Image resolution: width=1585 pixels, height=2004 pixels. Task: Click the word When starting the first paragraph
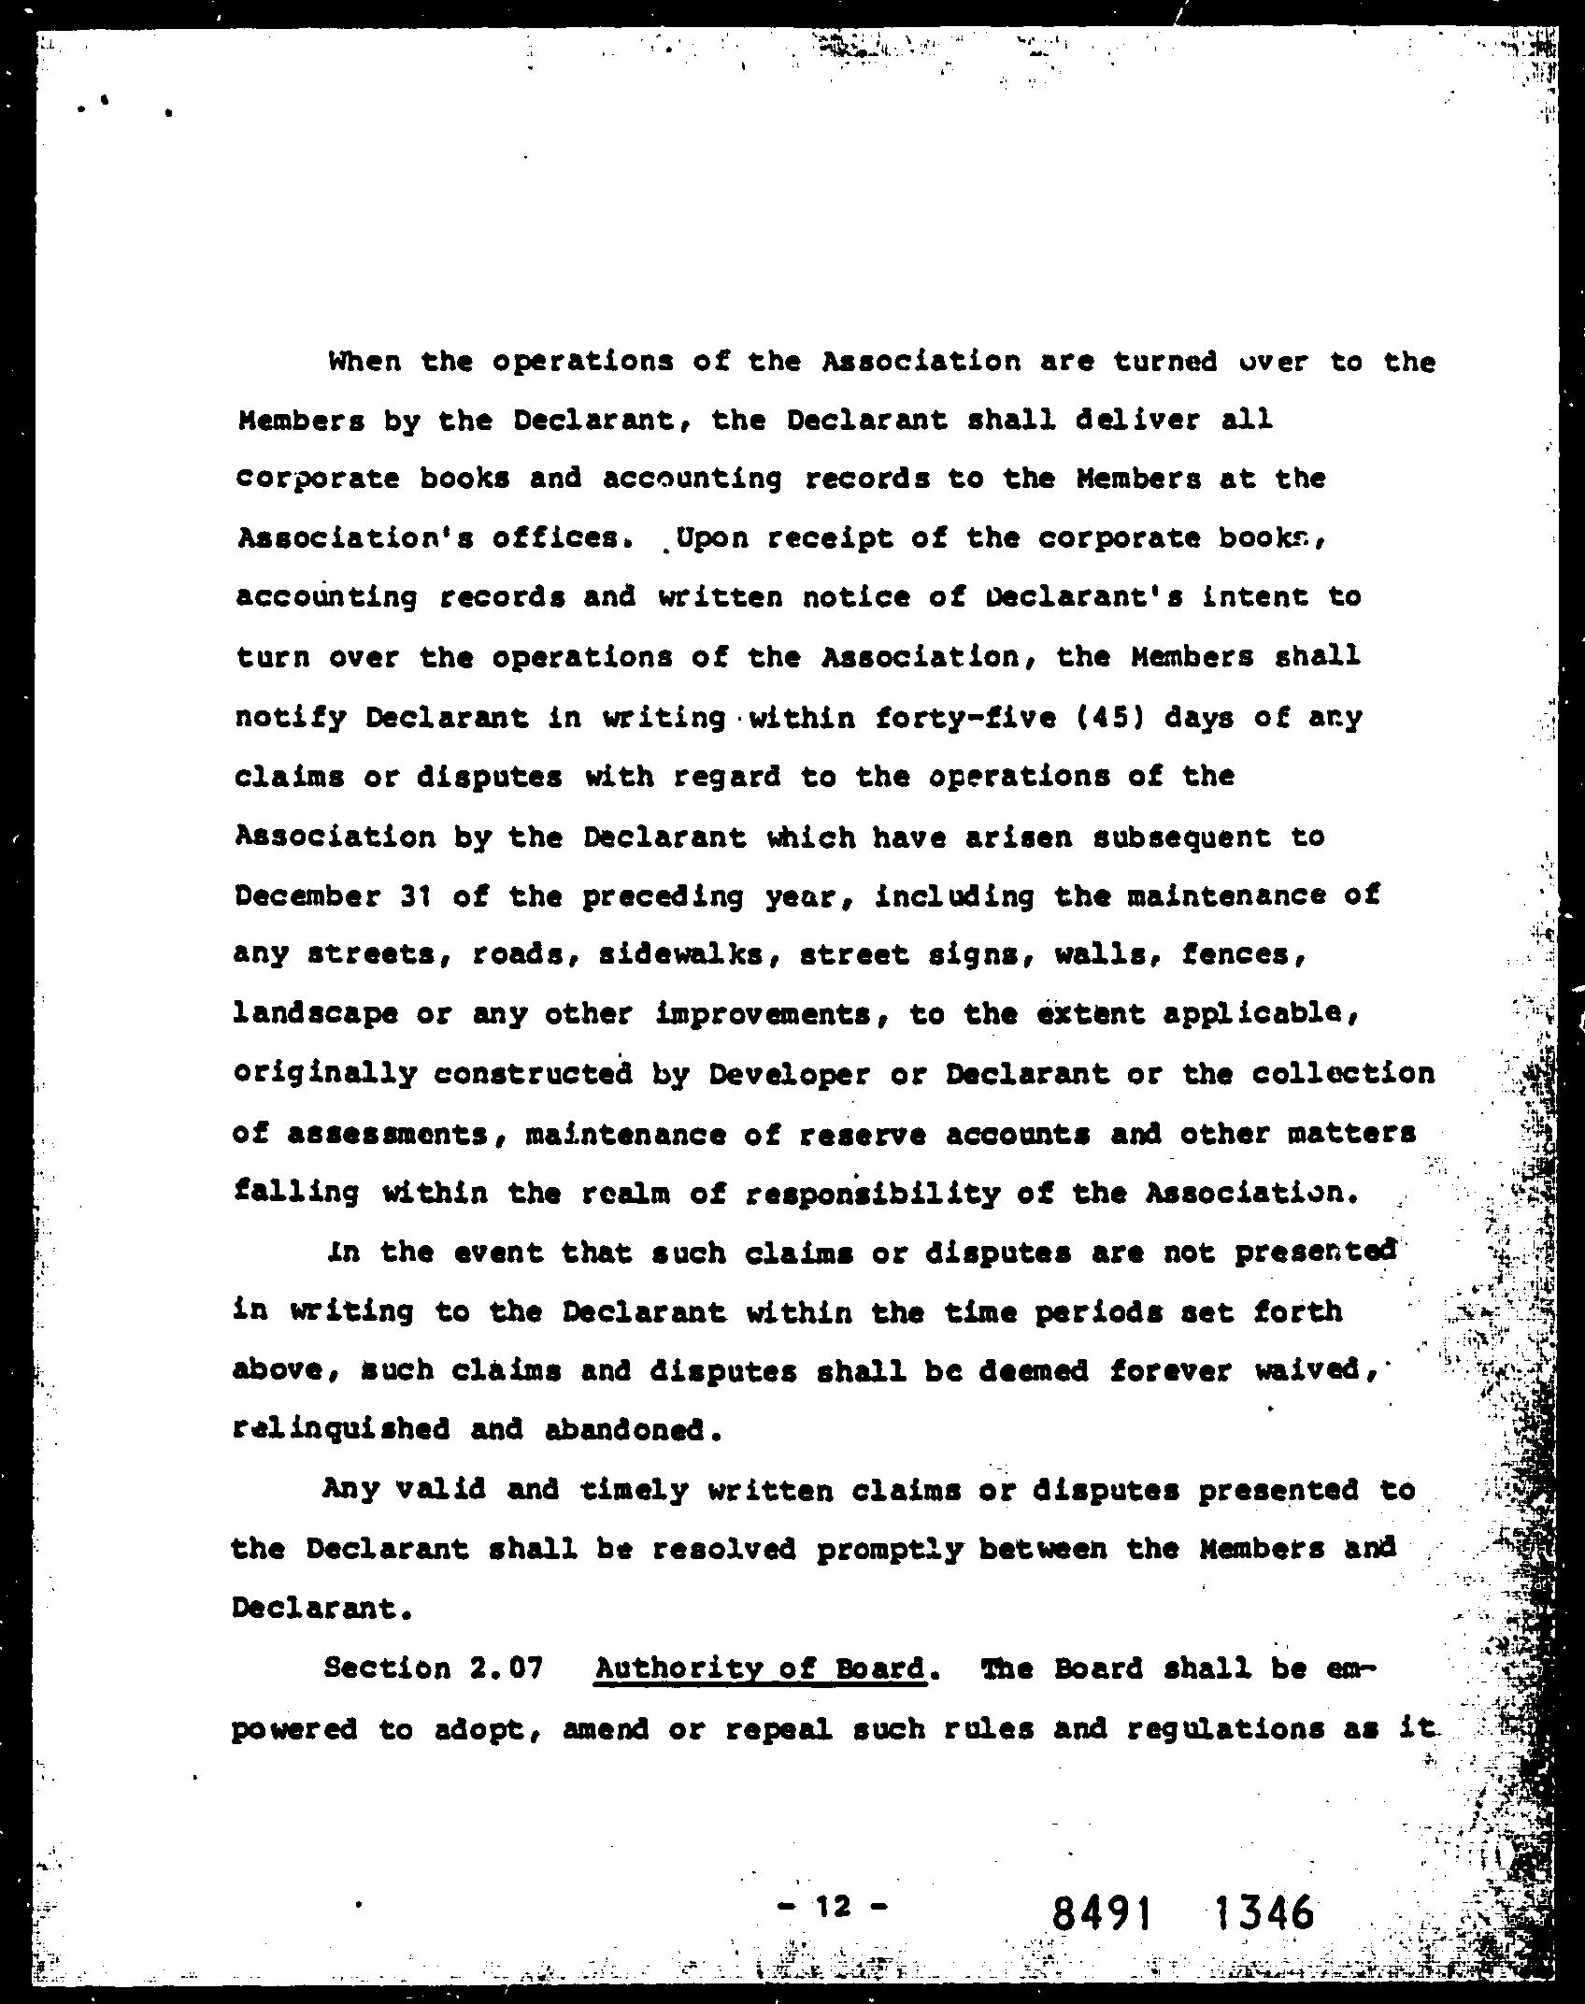[x=364, y=362]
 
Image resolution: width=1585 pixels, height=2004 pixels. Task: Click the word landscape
[x=315, y=1015]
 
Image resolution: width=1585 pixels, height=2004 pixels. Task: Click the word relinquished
[x=341, y=1430]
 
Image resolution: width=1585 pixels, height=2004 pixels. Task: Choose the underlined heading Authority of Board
[x=761, y=1668]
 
